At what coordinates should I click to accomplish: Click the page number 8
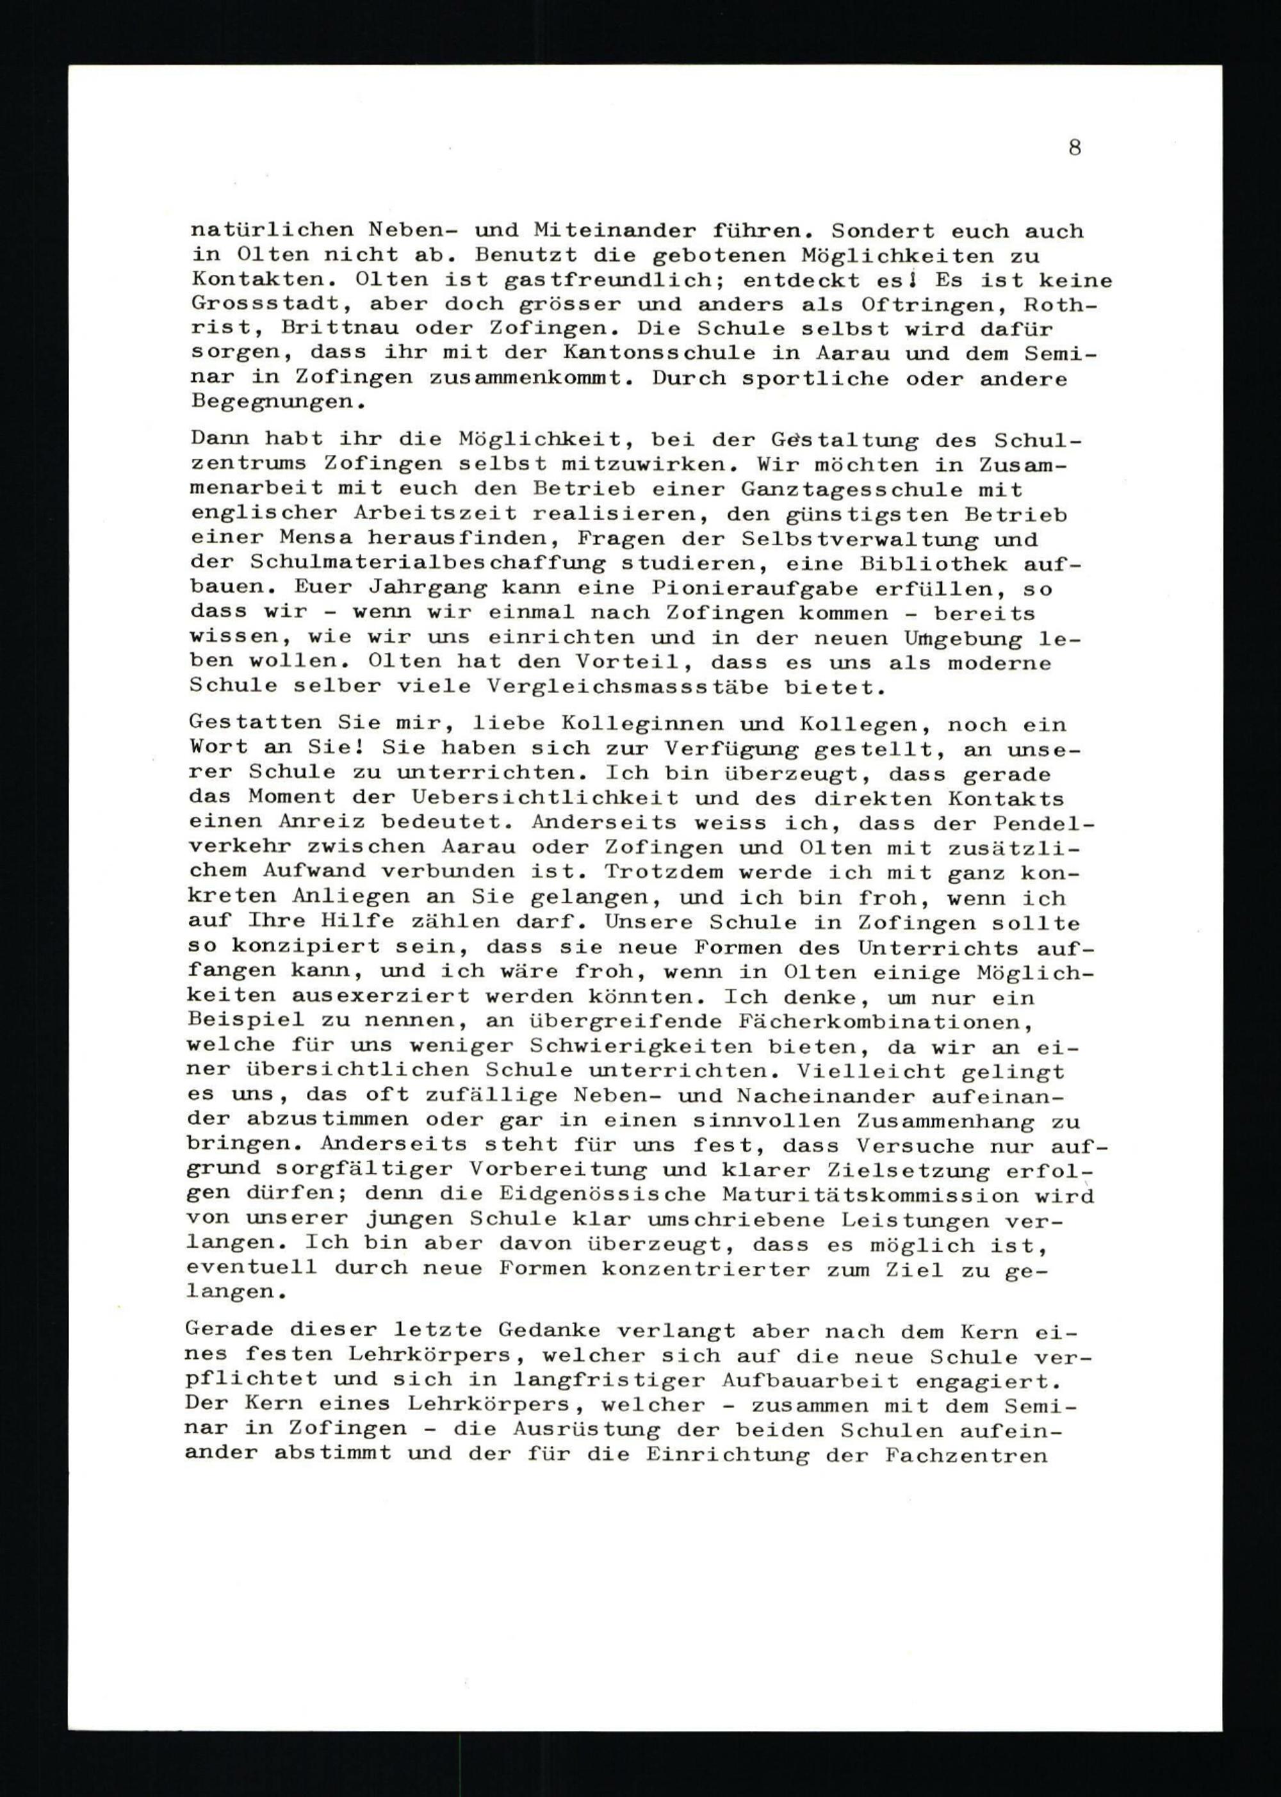(1074, 147)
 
